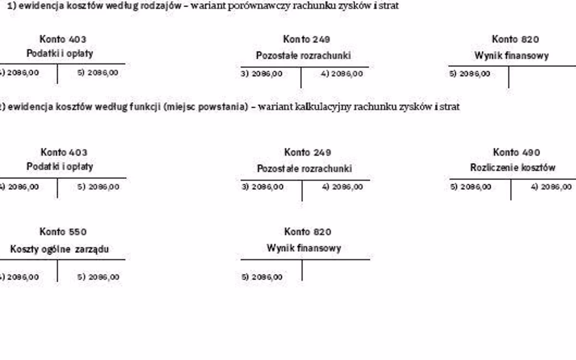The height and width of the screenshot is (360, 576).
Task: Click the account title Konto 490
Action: coord(516,153)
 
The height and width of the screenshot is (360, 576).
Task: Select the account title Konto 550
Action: coord(63,232)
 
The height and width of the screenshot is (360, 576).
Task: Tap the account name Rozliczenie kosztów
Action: coord(513,168)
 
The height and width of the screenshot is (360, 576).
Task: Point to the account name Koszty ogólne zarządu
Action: coord(60,249)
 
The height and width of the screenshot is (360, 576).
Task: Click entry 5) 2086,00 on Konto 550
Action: coord(98,277)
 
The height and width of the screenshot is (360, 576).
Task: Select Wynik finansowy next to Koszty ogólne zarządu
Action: coord(304,248)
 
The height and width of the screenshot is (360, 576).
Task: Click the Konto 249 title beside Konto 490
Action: coord(307,153)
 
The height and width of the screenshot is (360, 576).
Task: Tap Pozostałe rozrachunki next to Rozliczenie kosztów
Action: coord(304,169)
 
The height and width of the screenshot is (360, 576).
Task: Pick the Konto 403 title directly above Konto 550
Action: coord(64,153)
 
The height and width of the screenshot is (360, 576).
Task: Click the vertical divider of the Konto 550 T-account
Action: coord(57,271)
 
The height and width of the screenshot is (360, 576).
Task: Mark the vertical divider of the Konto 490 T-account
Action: coord(511,190)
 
